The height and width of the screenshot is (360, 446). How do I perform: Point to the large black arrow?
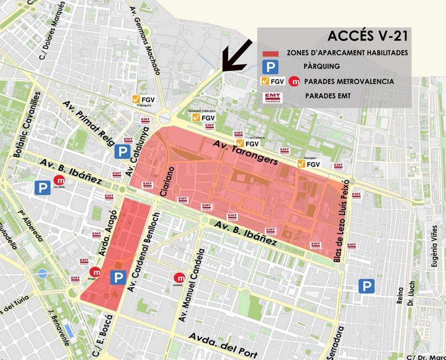[238, 56]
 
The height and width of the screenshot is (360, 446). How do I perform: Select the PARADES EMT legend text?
[328, 96]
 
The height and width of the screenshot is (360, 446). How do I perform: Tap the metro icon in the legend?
[295, 81]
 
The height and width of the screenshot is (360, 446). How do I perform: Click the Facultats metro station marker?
[59, 181]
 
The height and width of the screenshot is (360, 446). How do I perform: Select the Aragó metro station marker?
[95, 272]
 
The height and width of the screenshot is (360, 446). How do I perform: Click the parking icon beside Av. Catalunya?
[122, 152]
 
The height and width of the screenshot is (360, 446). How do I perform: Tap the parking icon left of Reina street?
[366, 286]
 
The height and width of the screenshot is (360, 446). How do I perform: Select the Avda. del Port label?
[223, 346]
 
